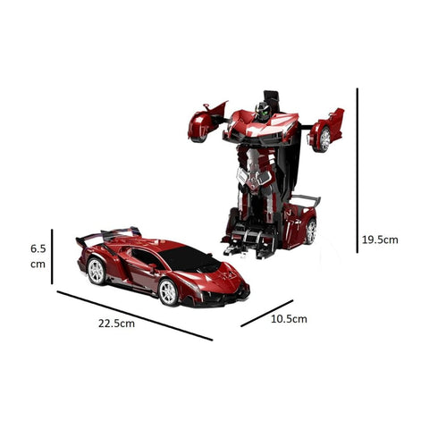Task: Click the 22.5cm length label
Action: point(116,324)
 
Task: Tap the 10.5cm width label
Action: point(289,319)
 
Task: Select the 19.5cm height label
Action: point(380,240)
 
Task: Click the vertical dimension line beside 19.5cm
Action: point(357,170)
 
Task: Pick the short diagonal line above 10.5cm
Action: point(266,312)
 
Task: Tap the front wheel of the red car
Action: point(168,292)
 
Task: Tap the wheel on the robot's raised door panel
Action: point(324,136)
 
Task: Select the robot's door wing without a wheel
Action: point(205,122)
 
